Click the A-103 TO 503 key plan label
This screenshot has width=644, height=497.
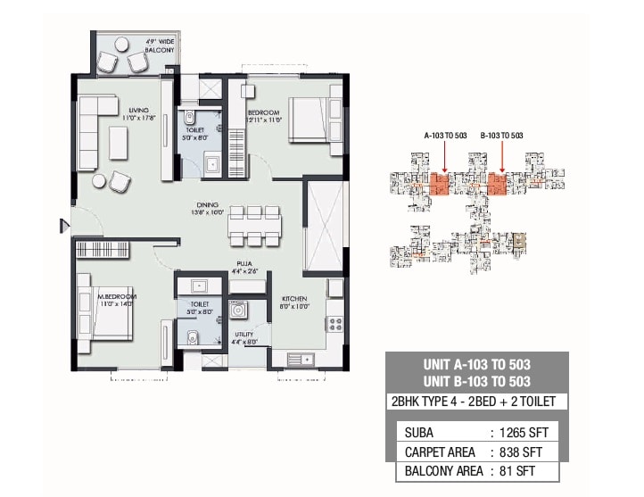(x=445, y=135)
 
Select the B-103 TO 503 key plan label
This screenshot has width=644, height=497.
(x=501, y=135)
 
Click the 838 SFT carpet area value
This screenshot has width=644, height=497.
(x=526, y=452)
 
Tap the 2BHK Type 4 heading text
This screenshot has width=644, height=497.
(x=475, y=402)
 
